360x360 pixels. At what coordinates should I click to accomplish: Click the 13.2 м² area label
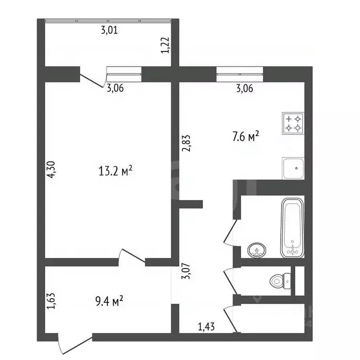[x=115, y=171]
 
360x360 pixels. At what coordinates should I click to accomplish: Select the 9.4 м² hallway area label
[x=109, y=301]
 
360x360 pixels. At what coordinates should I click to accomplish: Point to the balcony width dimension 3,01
[x=110, y=30]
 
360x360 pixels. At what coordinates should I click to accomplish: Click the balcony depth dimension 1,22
[x=165, y=45]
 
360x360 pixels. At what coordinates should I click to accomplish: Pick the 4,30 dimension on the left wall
[x=51, y=169]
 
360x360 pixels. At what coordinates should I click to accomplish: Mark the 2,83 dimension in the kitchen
[x=186, y=143]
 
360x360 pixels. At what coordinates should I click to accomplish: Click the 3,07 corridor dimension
[x=186, y=271]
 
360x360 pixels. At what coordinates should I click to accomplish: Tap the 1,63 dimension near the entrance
[x=51, y=301]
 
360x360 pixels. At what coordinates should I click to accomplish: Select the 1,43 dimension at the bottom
[x=206, y=327]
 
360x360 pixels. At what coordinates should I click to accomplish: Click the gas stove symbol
[x=293, y=123]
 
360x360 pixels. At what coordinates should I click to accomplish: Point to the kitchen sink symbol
[x=293, y=168]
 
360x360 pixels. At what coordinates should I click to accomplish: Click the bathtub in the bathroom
[x=292, y=228]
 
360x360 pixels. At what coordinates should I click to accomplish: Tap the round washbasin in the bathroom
[x=257, y=250]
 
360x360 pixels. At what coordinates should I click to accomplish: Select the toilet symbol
[x=280, y=281]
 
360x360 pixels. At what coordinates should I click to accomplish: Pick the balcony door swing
[x=91, y=80]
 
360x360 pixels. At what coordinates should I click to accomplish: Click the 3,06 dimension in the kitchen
[x=245, y=89]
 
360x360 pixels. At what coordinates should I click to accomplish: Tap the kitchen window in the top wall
[x=240, y=74]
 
